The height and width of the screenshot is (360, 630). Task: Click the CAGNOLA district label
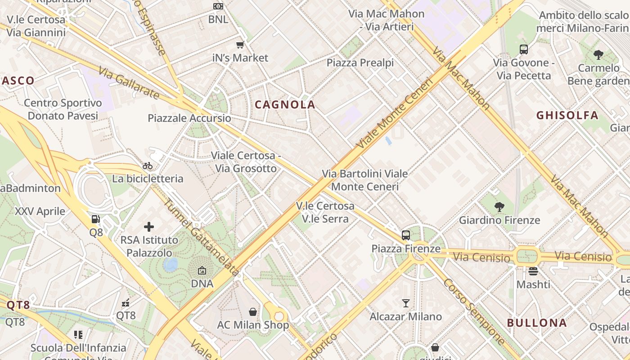285,105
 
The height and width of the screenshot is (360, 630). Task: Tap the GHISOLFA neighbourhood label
567,115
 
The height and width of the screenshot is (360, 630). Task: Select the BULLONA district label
537,323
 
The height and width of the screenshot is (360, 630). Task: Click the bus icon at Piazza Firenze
406,235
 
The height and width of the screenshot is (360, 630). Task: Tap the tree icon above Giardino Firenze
499,207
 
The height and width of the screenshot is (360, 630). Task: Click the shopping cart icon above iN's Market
240,45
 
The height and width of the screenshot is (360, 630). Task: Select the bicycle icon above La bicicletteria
148,166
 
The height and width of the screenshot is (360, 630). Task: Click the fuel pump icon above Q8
96,219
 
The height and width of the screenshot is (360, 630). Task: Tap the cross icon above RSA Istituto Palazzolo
149,227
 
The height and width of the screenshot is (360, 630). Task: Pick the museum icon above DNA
202,270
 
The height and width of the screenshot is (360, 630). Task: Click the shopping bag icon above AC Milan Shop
253,312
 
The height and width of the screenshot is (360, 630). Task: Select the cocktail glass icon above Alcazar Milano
406,303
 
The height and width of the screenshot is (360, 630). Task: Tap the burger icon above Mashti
533,271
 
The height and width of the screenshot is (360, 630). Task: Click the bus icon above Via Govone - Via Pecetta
524,49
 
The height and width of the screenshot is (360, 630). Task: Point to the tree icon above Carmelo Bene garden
598,55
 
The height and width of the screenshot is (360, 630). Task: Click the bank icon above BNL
218,6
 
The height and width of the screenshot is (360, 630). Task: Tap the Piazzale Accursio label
189,118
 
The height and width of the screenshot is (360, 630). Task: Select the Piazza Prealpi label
360,63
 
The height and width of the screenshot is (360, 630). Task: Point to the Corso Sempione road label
474,312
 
